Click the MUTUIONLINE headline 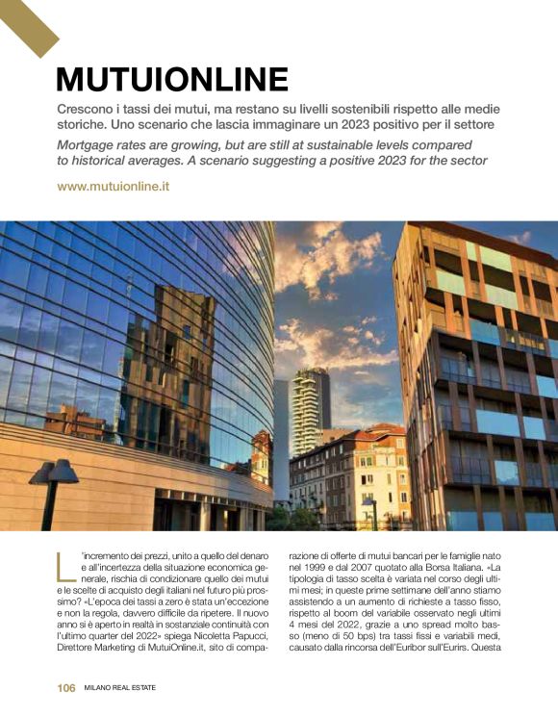point(172,78)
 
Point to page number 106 point(65,687)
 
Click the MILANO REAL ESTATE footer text point(120,687)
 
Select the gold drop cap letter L point(65,568)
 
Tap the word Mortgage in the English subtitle point(89,144)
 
